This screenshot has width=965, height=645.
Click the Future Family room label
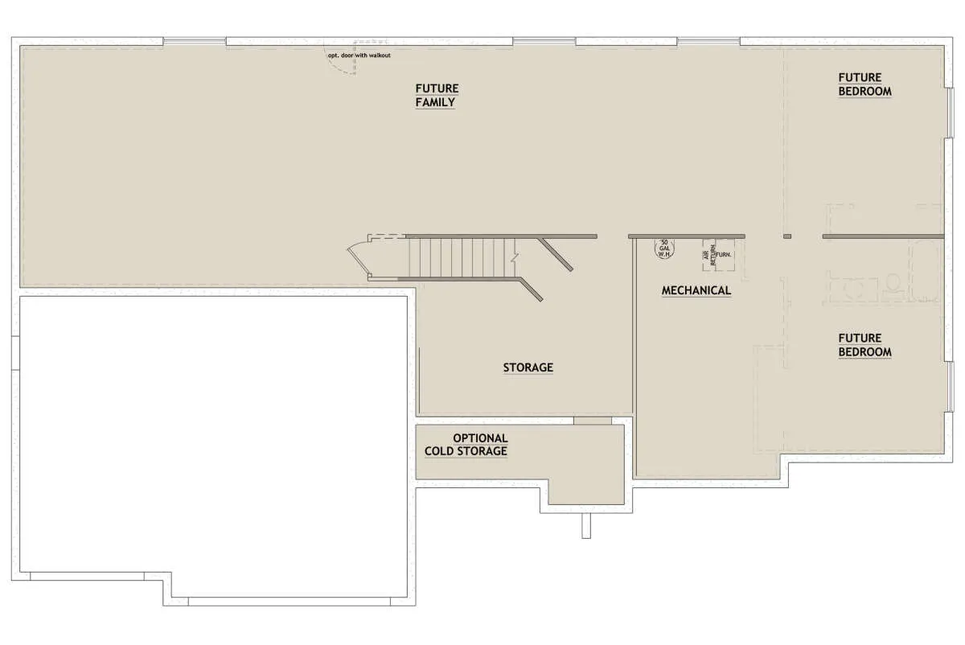pos(437,95)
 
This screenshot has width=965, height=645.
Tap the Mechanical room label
pos(696,290)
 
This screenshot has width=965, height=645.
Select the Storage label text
pos(528,368)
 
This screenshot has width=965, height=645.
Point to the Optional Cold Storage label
pos(466,445)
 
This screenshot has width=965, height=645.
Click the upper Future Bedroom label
pos(864,84)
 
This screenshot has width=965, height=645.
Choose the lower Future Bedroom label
pos(864,345)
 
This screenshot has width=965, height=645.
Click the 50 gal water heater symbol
pos(664,249)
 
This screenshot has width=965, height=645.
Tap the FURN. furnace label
pos(724,255)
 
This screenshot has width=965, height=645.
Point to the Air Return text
pos(709,255)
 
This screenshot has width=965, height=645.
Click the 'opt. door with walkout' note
pos(359,55)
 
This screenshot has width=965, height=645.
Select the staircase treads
pos(462,257)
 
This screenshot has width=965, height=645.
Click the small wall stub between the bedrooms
pos(787,236)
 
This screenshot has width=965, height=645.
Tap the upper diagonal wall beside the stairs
pos(556,254)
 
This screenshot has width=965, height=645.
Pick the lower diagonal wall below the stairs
pos(531,290)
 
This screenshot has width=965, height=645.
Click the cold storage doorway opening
pos(593,421)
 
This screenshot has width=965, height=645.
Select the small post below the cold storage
pos(586,526)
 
